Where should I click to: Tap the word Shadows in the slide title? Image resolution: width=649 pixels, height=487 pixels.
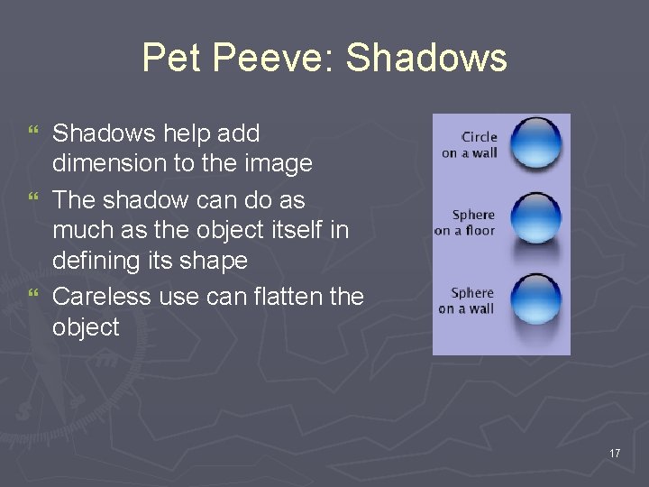click(x=426, y=59)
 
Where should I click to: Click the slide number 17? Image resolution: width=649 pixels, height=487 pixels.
click(x=615, y=453)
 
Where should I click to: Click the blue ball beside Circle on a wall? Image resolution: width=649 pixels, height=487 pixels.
click(x=535, y=142)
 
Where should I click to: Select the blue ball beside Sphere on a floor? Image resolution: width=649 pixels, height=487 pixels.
click(x=535, y=216)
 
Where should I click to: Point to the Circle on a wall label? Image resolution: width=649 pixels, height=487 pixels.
click(x=470, y=144)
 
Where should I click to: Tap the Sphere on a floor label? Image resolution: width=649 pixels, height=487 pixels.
click(x=465, y=222)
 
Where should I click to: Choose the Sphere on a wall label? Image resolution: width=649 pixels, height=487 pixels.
click(x=467, y=300)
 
